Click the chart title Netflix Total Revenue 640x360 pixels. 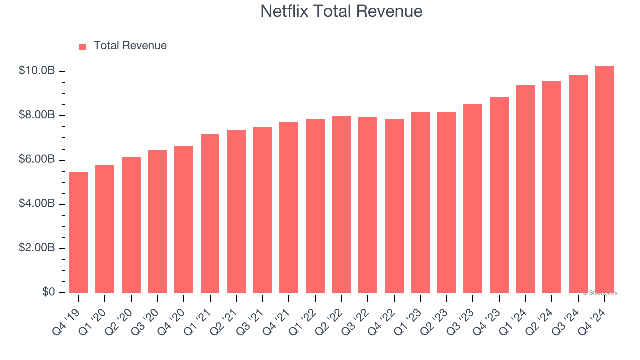pyautogui.click(x=341, y=11)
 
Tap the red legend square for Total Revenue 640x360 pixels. pyautogui.click(x=83, y=46)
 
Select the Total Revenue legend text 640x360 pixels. pyautogui.click(x=130, y=46)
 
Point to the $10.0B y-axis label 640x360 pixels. pyautogui.click(x=36, y=71)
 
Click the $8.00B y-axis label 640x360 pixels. pyautogui.click(x=36, y=115)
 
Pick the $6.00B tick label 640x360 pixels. pyautogui.click(x=36, y=160)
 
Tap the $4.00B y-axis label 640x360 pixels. pyautogui.click(x=36, y=204)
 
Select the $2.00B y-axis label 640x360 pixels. pyautogui.click(x=36, y=248)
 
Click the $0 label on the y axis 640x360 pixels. pyautogui.click(x=48, y=292)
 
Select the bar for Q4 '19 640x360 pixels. pyautogui.click(x=79, y=232)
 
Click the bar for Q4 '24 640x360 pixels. pyautogui.click(x=604, y=180)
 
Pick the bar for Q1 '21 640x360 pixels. pyautogui.click(x=210, y=214)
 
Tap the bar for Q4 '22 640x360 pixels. pyautogui.click(x=394, y=206)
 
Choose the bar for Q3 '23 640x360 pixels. pyautogui.click(x=473, y=198)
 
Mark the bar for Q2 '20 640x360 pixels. pyautogui.click(x=131, y=225)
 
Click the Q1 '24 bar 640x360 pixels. pyautogui.click(x=525, y=189)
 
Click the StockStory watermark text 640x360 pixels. pyautogui.click(x=600, y=293)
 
